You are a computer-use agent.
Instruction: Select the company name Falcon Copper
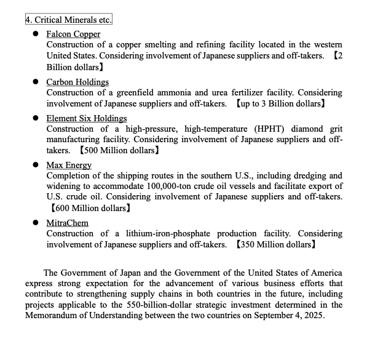pos(73,34)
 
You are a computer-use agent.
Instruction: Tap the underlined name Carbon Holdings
pos(77,82)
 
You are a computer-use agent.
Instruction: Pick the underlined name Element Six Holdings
pos(87,118)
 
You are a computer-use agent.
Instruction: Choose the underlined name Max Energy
pos(69,165)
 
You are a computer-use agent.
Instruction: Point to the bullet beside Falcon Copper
pos(36,34)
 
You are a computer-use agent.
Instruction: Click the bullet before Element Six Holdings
pos(36,118)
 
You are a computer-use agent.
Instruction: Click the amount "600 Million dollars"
pos(90,209)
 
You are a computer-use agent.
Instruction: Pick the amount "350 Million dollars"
pos(276,244)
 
